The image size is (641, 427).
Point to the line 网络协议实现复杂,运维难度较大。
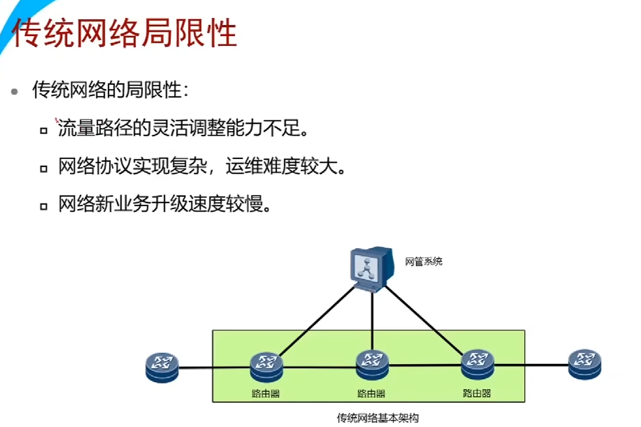pos(201,166)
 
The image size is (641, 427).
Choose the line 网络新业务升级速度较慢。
pos(165,204)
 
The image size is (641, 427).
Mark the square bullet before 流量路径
pos(43,131)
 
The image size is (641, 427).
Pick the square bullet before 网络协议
pos(43,168)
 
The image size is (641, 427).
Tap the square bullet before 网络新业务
pos(43,205)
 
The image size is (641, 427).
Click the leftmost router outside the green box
pos(162,367)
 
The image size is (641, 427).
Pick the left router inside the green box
pos(267,367)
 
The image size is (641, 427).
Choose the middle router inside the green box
pos(372,365)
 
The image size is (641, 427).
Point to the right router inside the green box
pos(477,364)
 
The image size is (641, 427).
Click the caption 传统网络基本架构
pos(377,418)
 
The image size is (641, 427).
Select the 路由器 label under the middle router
pos(372,393)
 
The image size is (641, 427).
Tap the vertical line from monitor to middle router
pos(372,322)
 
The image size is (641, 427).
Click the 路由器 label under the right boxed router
pos(477,392)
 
